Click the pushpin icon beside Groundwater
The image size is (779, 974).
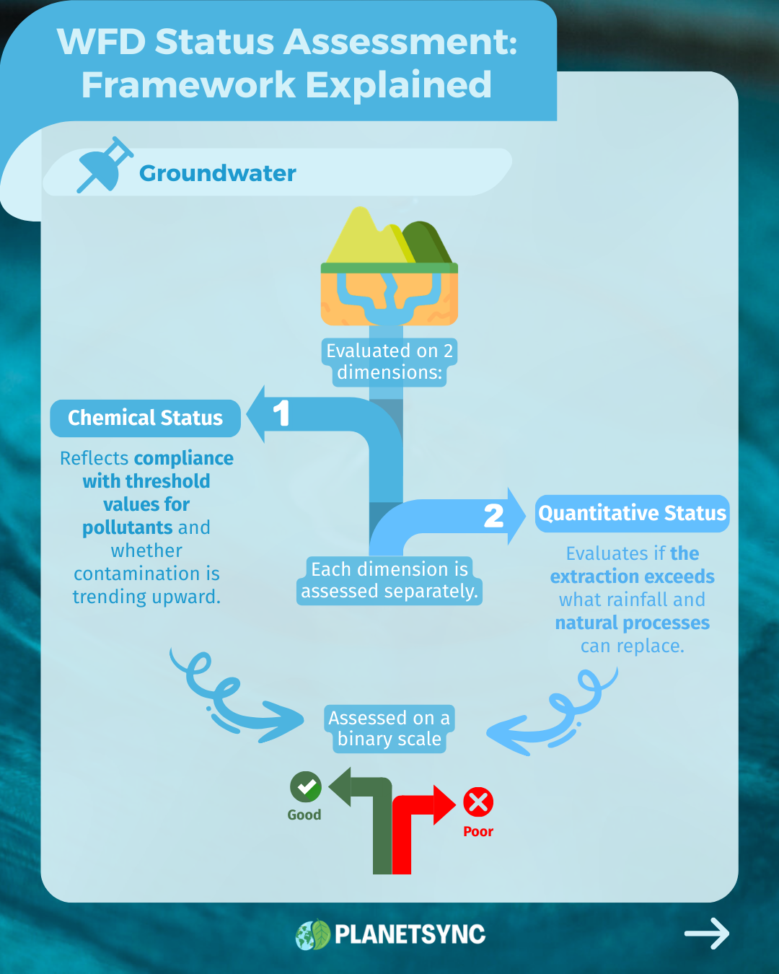point(105,164)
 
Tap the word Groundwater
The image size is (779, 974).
point(217,173)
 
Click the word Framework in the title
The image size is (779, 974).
point(188,84)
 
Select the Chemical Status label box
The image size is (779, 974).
point(145,418)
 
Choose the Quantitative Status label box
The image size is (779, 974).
point(632,513)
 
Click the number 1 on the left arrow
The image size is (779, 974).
point(281,413)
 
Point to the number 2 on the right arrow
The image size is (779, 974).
point(493,516)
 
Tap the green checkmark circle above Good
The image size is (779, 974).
point(306,786)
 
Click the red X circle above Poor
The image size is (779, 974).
point(478,802)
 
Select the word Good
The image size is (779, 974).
point(304,815)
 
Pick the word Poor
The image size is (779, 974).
point(478,831)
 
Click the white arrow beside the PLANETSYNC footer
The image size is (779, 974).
point(707,933)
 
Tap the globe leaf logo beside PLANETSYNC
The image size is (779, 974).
point(313,934)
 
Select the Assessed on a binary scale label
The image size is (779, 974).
point(389,728)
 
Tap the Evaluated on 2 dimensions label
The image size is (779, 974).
point(389,361)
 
